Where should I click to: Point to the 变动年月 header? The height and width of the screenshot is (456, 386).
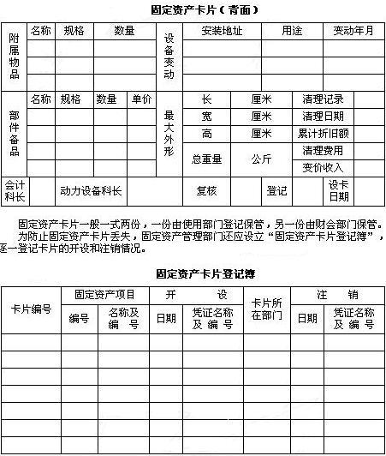[x=353, y=31]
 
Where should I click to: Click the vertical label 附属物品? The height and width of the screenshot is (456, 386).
[x=15, y=57]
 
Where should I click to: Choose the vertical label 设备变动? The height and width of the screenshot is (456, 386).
[x=169, y=57]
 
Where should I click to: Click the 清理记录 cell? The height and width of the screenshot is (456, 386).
[x=323, y=99]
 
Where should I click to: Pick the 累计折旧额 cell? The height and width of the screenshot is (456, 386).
[x=323, y=134]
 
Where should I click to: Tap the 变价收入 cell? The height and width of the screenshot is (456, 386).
[x=323, y=167]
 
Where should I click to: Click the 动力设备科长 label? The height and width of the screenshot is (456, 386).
[x=91, y=190]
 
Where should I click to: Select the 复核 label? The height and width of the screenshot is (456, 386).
[x=207, y=190]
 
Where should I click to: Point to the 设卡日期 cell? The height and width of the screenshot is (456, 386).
[x=339, y=190]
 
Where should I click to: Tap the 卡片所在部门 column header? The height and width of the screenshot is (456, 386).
[x=266, y=309]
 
